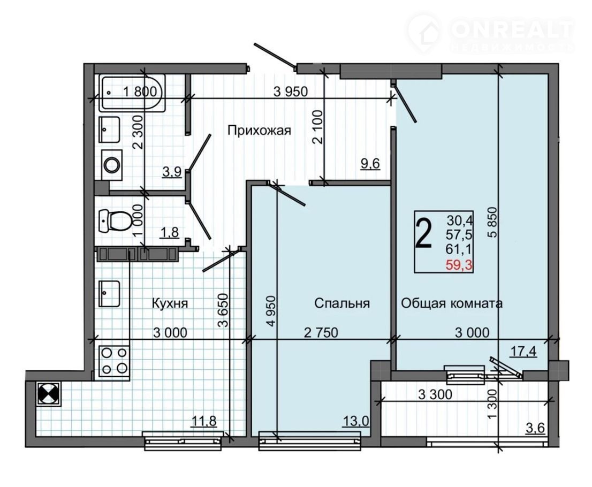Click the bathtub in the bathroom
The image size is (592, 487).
[x=132, y=93]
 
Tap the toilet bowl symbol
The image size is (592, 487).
[x=115, y=220]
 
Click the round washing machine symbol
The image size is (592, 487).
[x=112, y=165]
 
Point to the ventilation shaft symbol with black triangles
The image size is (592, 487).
[x=49, y=394]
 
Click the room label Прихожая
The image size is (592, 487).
[x=260, y=131]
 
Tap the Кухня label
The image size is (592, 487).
[x=170, y=303]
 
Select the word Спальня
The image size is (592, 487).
[x=342, y=303]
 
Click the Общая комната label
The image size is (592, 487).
[x=452, y=303]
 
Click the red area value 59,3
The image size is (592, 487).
[x=459, y=265]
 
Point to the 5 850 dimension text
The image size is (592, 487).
[x=491, y=223]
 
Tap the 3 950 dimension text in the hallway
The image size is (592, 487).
[x=291, y=92]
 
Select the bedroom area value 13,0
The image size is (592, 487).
[x=355, y=421]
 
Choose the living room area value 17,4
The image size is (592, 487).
[x=523, y=352]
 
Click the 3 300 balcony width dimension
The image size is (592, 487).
[x=435, y=394]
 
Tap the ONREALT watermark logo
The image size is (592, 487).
[x=490, y=33]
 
